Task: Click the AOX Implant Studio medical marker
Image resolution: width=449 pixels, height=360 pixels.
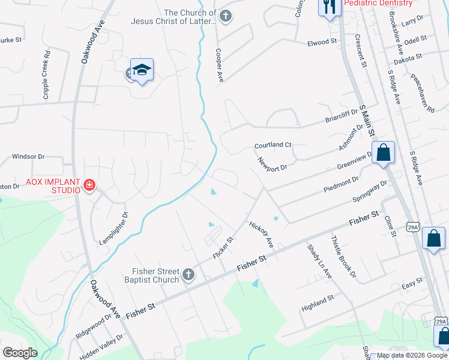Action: click(89, 185)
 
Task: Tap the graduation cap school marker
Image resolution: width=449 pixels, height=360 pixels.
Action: click(142, 71)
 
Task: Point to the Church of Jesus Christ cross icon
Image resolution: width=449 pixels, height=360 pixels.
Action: click(226, 16)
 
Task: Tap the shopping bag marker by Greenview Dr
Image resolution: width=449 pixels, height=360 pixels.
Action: click(384, 153)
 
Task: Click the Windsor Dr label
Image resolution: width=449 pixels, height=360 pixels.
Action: click(28, 157)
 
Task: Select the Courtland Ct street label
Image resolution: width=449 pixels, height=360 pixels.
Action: click(273, 145)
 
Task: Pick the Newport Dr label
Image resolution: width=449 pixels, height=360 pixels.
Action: click(273, 164)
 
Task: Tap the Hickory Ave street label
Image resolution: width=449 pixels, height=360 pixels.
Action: click(262, 233)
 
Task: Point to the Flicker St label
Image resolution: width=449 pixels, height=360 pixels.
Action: click(223, 248)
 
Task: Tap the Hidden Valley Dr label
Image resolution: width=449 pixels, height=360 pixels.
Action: click(101, 347)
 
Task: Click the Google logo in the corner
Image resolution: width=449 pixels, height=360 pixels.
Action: click(20, 353)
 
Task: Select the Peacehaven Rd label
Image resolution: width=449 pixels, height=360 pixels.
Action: click(422, 94)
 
